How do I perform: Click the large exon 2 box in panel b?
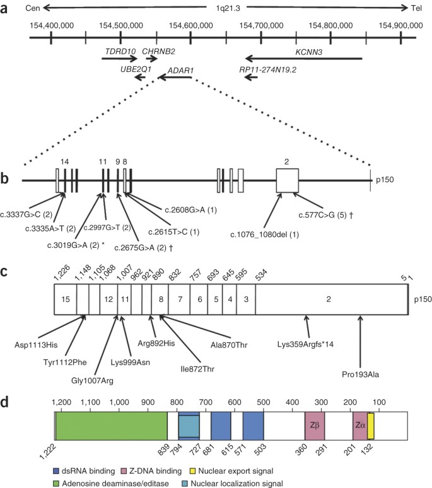(287, 181)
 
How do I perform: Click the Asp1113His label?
(39, 344)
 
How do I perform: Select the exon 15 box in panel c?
(66, 297)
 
